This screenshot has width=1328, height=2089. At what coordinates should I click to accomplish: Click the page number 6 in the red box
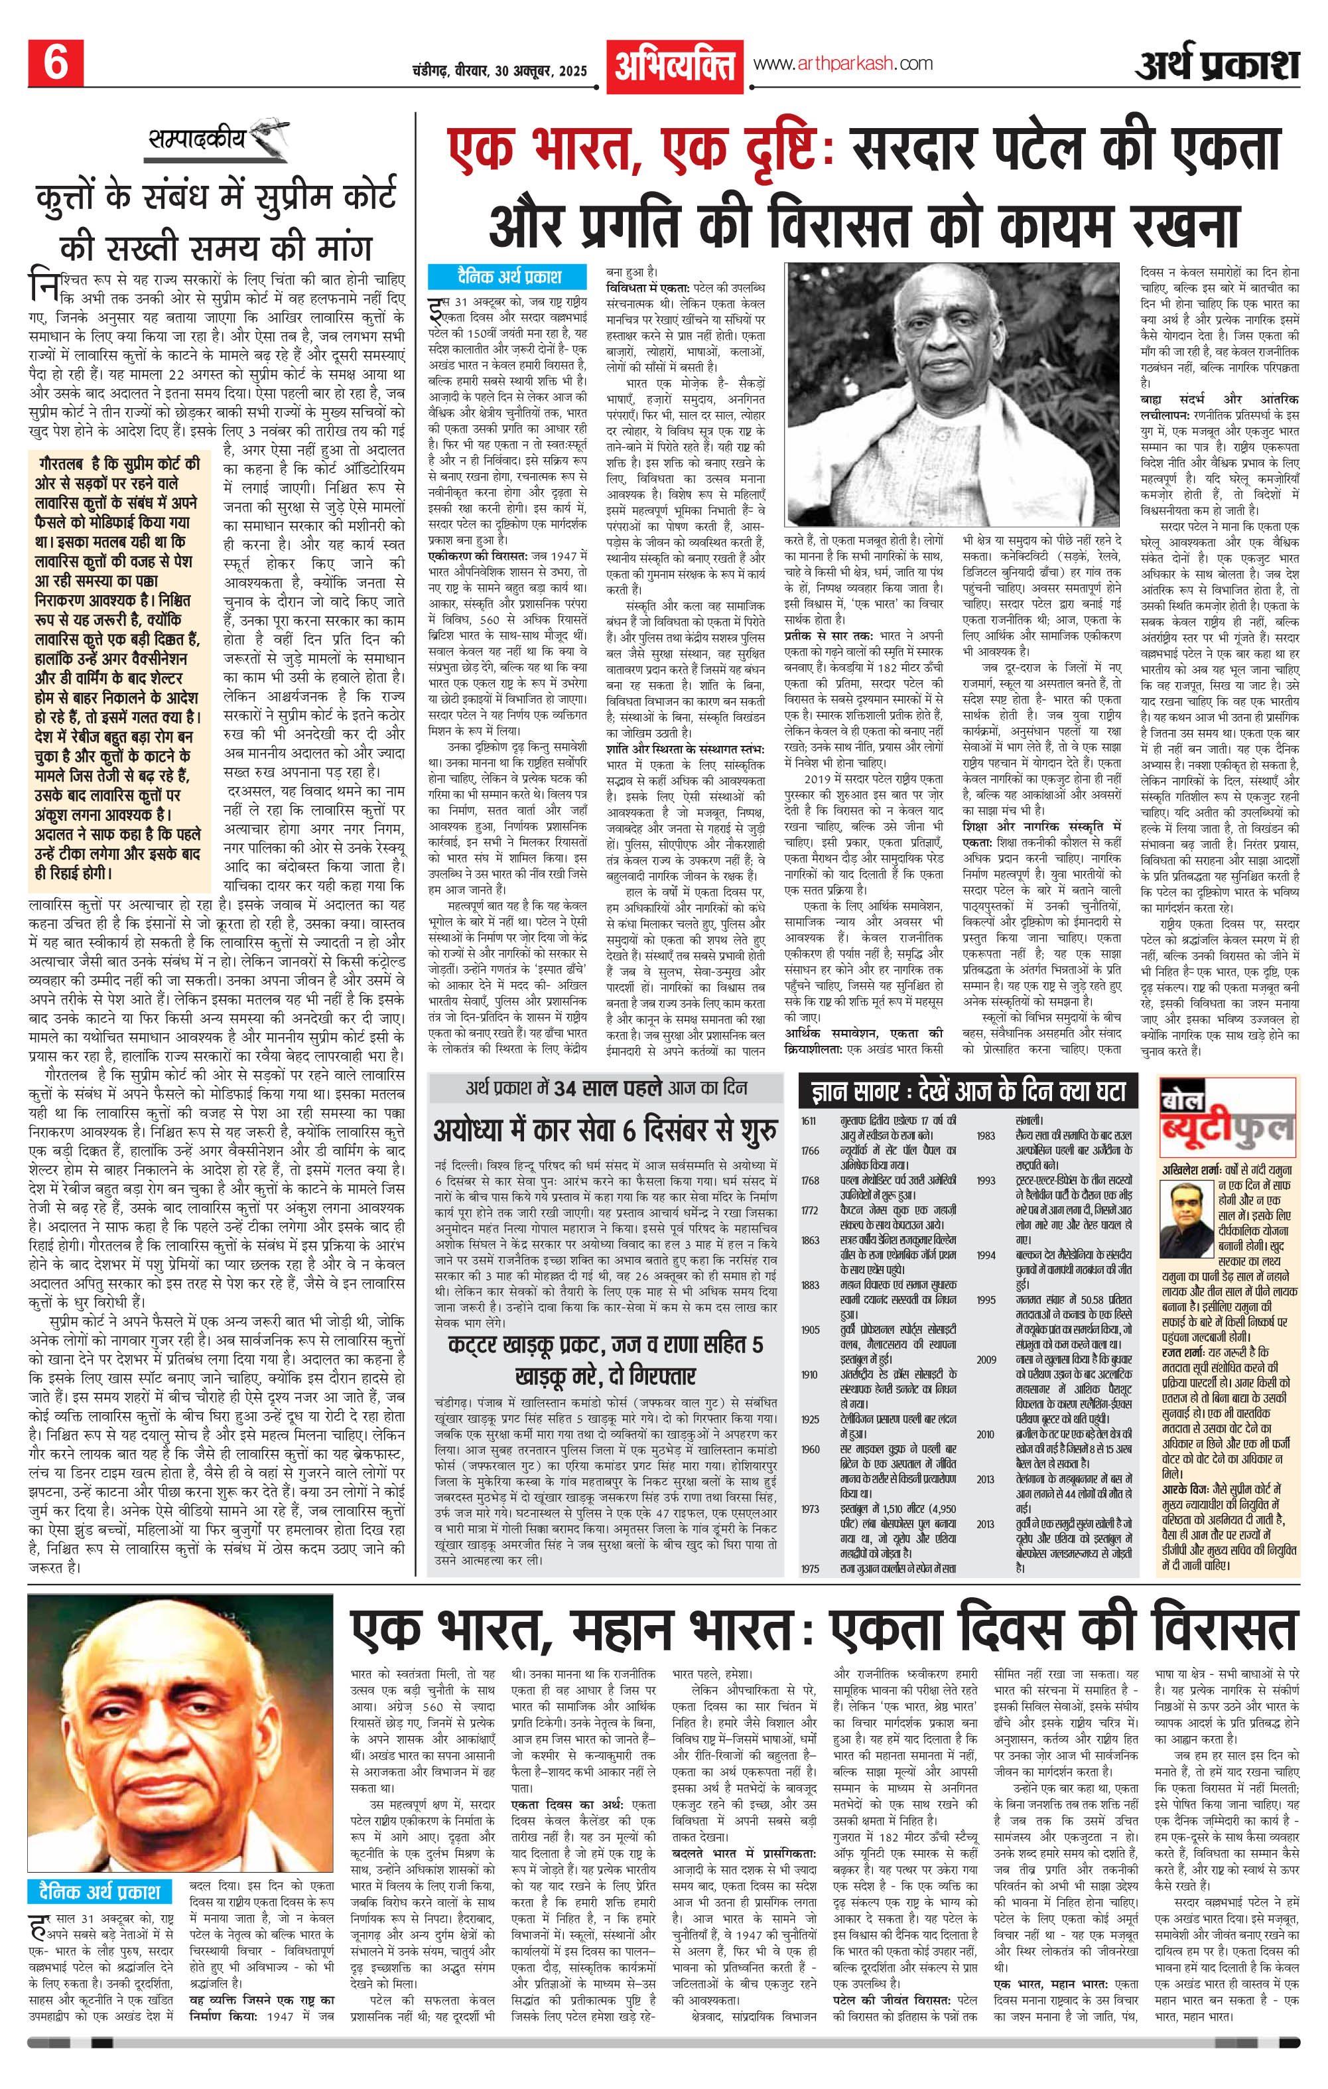click(x=56, y=63)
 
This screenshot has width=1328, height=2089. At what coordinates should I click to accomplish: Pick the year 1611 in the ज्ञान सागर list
click(x=809, y=1121)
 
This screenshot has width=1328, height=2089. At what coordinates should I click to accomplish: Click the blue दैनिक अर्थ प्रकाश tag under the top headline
click(x=507, y=277)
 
